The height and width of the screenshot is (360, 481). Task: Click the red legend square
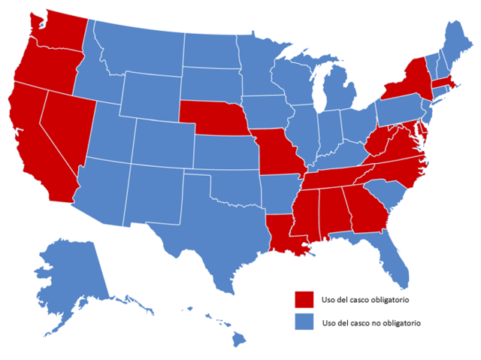point(304,298)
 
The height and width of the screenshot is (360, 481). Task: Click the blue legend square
point(304,322)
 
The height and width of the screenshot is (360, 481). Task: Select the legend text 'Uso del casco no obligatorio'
point(371,322)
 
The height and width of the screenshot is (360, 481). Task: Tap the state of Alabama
point(335,212)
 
